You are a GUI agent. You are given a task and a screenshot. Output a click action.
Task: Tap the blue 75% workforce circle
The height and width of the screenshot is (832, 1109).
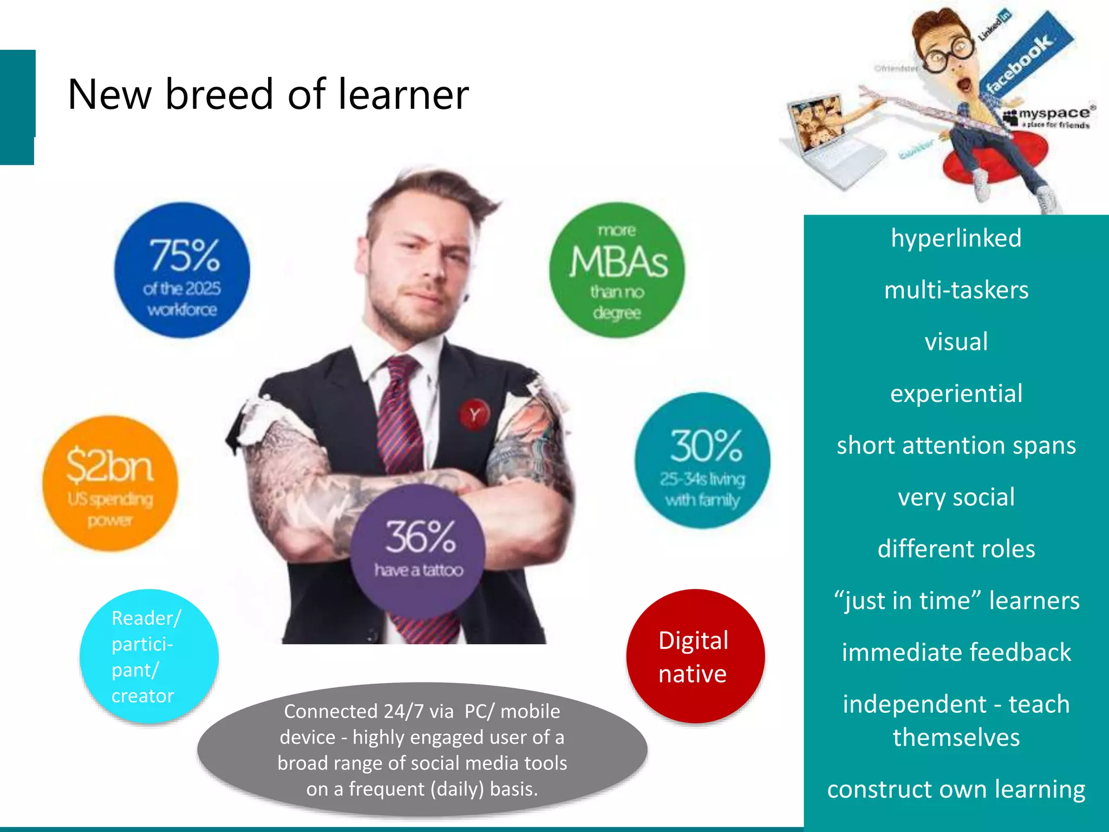coord(182,270)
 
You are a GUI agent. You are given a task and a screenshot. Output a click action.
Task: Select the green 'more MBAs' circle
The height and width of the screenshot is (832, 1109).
coord(617,270)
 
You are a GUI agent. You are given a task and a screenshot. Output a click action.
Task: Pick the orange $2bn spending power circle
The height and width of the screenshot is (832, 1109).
coord(110,483)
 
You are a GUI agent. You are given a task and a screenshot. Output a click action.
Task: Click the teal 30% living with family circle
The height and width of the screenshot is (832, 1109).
coord(702,460)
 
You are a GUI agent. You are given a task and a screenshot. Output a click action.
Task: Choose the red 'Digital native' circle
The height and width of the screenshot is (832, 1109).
coord(695,656)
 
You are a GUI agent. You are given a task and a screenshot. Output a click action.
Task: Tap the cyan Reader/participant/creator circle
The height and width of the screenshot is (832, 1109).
coord(149,656)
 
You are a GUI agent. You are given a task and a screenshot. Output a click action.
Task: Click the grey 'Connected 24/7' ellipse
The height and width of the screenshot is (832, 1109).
coord(422,750)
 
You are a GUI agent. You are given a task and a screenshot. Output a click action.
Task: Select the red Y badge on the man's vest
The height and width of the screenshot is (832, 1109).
coord(474,415)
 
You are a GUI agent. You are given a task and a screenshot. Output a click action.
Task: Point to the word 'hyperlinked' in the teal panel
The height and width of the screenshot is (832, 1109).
coord(956,238)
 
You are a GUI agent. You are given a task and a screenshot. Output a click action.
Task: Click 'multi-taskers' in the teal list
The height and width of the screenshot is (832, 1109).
coord(956,290)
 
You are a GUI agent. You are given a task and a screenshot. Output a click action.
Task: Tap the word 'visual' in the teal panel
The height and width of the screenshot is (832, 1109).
coord(956,342)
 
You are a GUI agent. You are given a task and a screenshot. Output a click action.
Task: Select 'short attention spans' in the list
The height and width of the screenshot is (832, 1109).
coord(956,445)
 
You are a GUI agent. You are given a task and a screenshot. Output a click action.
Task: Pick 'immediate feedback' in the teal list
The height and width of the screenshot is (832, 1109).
coord(956,652)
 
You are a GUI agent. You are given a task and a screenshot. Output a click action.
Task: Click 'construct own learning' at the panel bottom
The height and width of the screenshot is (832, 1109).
coord(956,789)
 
